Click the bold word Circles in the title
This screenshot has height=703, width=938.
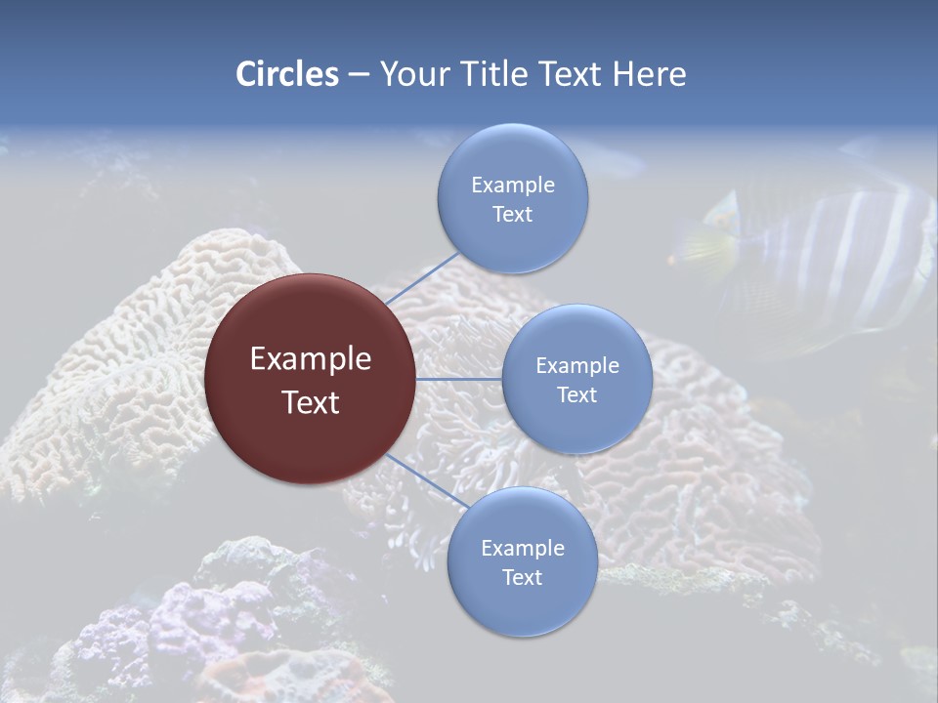coord(287,74)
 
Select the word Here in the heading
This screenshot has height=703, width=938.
coord(649,74)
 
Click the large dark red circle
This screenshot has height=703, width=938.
coord(310,379)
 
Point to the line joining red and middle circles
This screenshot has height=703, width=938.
coord(459,379)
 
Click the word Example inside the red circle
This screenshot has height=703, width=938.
coord(310,358)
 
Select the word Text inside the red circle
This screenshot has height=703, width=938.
coord(310,402)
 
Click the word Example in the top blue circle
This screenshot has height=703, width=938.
coord(512,185)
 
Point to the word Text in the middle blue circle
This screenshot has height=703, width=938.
coord(576,394)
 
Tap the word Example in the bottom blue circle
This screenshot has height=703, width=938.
coord(522,548)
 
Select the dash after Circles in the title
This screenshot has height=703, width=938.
coord(359,74)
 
